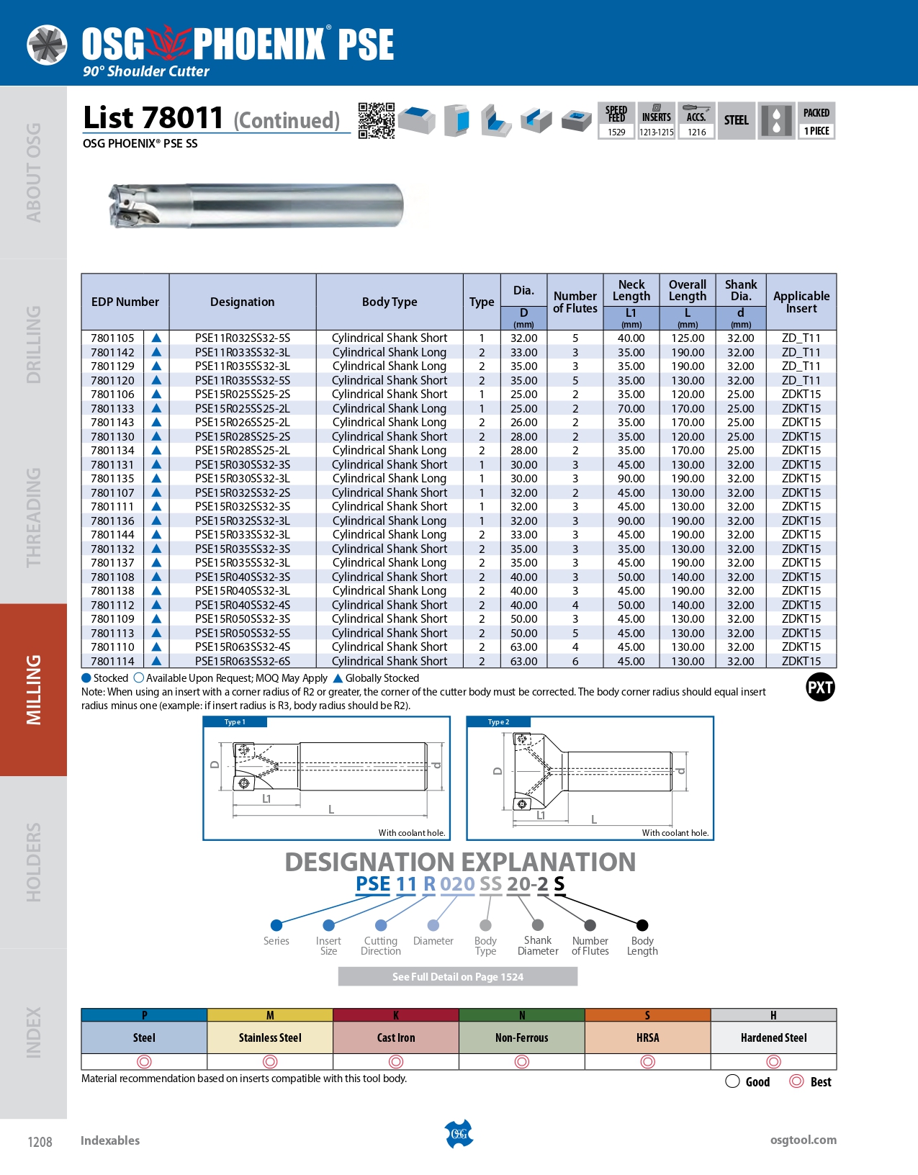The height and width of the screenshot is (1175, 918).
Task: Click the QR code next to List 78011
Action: (x=376, y=120)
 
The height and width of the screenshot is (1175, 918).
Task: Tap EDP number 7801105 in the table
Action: (x=112, y=338)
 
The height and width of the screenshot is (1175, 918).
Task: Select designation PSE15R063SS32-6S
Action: (x=242, y=662)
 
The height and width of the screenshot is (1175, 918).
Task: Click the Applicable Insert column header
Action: (x=801, y=302)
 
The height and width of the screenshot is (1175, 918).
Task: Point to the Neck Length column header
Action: (x=631, y=290)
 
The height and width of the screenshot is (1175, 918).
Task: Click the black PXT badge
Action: (x=820, y=688)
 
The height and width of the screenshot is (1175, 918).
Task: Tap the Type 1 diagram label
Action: (x=235, y=722)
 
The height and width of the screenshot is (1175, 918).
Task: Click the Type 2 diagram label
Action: (x=498, y=722)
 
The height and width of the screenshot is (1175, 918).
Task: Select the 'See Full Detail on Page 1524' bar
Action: (x=457, y=977)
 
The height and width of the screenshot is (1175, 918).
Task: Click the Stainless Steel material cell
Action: (x=270, y=1037)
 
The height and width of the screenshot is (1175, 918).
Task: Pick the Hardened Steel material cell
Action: (x=773, y=1037)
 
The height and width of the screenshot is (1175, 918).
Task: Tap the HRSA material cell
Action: (x=647, y=1037)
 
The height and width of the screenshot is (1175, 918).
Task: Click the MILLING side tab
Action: (x=33, y=689)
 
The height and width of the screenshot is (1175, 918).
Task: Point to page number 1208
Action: (x=40, y=1142)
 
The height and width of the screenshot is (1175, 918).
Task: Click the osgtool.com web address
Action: (x=803, y=1140)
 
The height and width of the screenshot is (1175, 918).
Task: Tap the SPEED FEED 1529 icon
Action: (x=616, y=120)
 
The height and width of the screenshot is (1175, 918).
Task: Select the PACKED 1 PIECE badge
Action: (x=816, y=120)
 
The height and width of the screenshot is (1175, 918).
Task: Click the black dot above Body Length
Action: (x=642, y=925)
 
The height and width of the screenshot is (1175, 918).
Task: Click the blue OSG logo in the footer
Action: (x=459, y=1134)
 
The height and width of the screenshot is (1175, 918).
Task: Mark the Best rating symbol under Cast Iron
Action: (x=396, y=1061)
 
